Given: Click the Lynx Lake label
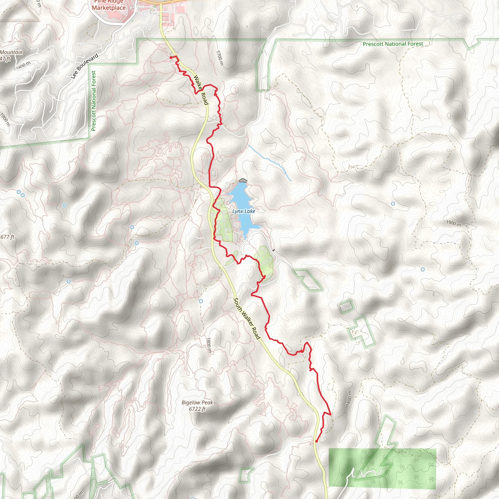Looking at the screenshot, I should pos(244,211).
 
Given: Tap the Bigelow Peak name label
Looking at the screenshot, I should pos(197,403).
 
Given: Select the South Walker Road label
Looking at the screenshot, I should pos(246,318).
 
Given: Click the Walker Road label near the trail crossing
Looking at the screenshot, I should pos(201,90).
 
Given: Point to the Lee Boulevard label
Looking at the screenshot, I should pos(85,66).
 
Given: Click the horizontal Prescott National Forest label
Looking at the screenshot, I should pos(393,44).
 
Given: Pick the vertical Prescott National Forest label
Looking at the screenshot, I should pos(94,101).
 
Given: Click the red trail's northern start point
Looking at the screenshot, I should pos(171,57).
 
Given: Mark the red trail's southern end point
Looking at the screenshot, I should pos(317,441).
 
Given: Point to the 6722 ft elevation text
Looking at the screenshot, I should pos(197,409).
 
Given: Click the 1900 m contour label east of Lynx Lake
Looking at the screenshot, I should pos(453,223).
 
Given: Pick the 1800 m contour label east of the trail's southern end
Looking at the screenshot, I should pos(348,398).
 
